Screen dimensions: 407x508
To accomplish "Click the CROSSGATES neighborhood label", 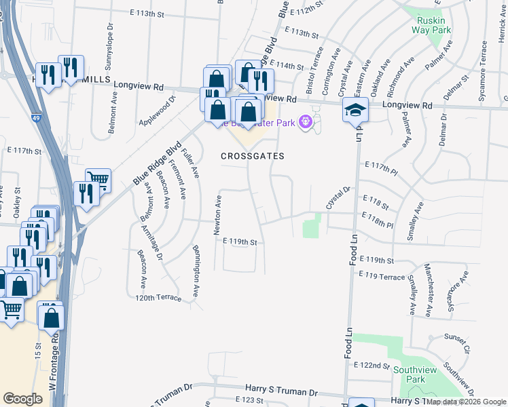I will click(252, 156).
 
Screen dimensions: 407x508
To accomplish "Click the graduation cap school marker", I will click(355, 109).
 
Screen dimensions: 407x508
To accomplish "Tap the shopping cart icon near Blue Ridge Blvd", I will click(98, 179).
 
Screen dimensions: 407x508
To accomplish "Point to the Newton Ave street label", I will click(219, 211).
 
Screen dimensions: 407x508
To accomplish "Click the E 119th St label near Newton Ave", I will click(236, 241).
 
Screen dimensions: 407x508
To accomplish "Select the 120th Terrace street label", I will click(158, 298).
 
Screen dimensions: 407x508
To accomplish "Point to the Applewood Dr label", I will click(158, 107).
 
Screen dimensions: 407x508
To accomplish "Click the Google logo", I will click(23, 399).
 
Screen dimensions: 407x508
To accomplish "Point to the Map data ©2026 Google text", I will click(466, 402).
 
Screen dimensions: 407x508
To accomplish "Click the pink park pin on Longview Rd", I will click(305, 121).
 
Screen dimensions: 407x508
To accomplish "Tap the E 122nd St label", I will click(371, 365).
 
